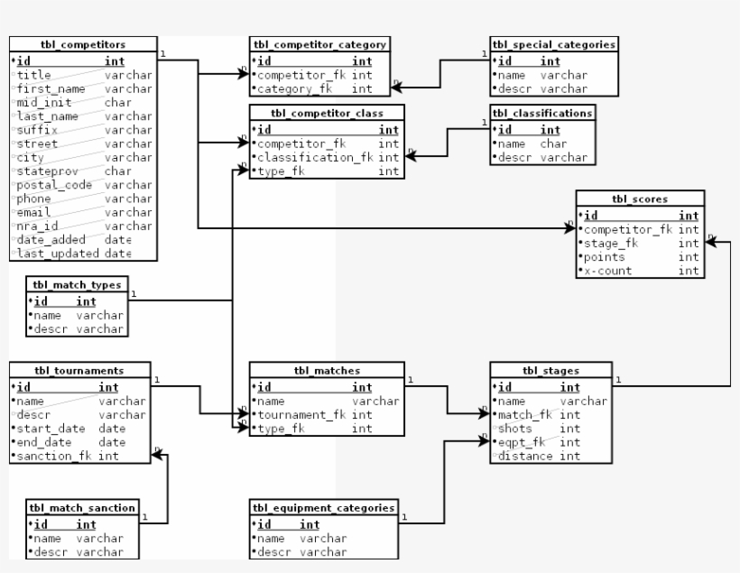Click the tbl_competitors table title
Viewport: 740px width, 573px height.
tap(82, 44)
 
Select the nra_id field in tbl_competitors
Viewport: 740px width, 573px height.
tap(37, 226)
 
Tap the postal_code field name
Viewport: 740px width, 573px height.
tap(50, 185)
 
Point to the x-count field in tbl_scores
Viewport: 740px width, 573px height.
tap(608, 271)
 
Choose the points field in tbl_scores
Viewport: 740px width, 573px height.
tap(603, 257)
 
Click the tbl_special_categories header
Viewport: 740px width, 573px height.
tap(554, 44)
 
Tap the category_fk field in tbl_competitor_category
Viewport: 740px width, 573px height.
tap(289, 88)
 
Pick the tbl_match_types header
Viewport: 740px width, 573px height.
tap(76, 284)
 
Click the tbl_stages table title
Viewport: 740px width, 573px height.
tap(550, 370)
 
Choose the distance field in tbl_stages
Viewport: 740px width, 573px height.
tap(525, 457)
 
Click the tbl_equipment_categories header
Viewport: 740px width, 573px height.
tap(322, 508)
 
